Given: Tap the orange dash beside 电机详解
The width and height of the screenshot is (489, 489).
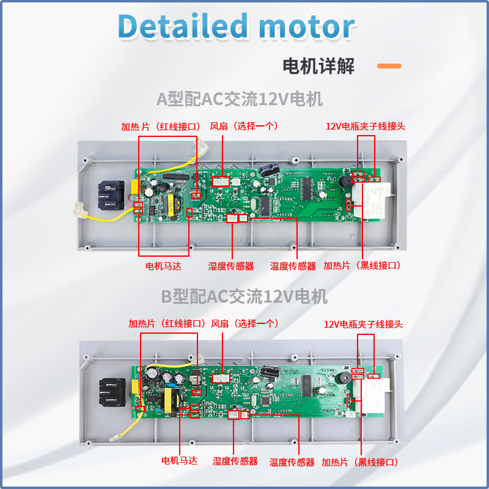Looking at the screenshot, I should tap(389, 66).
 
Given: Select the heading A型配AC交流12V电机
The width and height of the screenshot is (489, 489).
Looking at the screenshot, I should tap(239, 99).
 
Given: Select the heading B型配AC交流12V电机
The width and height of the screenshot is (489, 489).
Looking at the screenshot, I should tap(244, 297).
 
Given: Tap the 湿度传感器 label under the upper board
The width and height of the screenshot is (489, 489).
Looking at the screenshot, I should tap(230, 266).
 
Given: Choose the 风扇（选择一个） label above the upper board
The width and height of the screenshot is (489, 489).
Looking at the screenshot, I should tap(244, 126).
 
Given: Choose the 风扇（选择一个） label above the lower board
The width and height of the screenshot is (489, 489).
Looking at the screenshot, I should tap(244, 323).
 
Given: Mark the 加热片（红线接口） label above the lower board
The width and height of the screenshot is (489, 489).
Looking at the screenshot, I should tap(167, 323).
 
